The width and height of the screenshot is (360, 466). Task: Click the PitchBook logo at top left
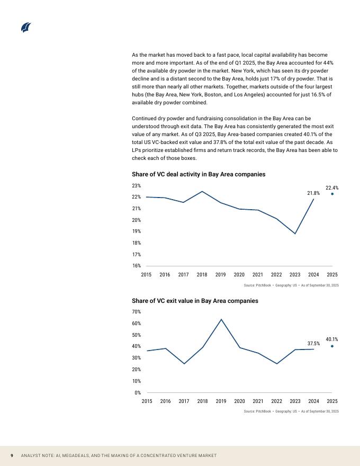coord(26,28)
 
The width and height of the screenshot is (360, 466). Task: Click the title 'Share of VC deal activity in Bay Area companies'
coord(199,174)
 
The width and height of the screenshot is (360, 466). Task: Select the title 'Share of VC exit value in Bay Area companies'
coord(195,301)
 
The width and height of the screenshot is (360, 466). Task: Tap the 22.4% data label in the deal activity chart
coord(332,187)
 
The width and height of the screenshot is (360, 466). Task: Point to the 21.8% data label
coord(313,193)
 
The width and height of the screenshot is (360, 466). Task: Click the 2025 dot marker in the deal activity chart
coord(332,194)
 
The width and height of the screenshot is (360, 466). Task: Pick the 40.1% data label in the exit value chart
coord(332,339)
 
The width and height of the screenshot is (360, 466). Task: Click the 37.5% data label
coord(313,344)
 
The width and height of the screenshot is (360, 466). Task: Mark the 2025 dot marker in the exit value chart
coord(332,346)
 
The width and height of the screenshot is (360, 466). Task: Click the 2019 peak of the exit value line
coord(221,319)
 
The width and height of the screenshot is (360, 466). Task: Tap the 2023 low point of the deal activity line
coord(295,234)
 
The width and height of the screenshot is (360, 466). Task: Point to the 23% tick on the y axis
coord(136,186)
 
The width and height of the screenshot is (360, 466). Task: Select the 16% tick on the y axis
coord(136,266)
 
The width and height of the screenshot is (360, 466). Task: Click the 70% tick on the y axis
coord(136,312)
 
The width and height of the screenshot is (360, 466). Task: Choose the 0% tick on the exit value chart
coord(137,392)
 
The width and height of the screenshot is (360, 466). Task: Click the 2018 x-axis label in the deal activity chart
coord(202,275)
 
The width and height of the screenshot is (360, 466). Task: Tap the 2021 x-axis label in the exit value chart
coord(258,401)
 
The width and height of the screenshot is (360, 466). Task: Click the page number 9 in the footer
coord(12,456)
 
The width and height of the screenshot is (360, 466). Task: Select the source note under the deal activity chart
coord(291,285)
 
